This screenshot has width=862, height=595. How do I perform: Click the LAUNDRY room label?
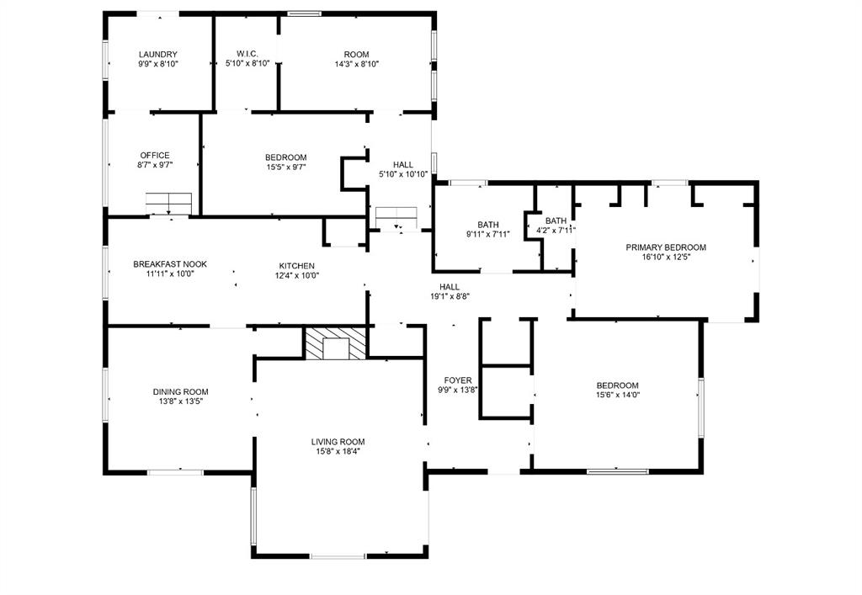point(158,55)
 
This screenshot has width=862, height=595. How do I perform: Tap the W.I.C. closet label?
point(247,55)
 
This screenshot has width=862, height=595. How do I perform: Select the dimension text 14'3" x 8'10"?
point(357,64)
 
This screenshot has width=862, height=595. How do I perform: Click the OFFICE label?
point(155,156)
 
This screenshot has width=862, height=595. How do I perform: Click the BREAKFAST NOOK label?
point(170,264)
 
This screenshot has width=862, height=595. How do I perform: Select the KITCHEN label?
point(297,266)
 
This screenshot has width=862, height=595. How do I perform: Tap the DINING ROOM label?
point(180,392)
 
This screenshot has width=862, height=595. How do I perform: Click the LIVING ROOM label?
point(338,442)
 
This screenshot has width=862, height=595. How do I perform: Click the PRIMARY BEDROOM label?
point(666,247)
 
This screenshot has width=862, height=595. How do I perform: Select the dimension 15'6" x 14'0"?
point(618,395)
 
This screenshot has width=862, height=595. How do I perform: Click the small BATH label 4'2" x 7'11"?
point(556,220)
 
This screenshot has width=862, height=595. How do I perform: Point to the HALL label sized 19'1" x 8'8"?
point(450,287)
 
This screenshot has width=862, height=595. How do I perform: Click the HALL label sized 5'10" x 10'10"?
point(403,165)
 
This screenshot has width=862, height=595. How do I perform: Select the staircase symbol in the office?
point(169,204)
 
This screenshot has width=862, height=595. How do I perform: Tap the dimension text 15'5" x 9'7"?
point(285,167)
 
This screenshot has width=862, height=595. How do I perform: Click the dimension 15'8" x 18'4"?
point(338,452)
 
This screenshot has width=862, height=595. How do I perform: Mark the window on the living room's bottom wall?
point(338,556)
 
